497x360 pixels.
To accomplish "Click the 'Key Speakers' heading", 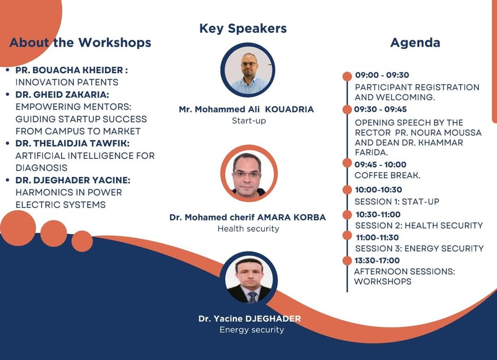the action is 243,29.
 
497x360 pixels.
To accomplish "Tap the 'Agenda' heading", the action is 415,42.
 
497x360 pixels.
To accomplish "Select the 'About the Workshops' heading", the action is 80,42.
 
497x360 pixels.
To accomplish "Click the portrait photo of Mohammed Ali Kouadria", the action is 248,70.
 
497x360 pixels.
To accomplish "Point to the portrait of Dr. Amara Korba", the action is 249,173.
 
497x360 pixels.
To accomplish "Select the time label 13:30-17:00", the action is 377,261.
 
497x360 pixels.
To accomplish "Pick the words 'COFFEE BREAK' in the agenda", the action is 386,175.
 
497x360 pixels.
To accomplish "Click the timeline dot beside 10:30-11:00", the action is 348,215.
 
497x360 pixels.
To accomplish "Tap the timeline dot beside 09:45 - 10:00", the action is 348,163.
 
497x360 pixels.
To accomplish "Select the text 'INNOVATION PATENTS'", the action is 67,83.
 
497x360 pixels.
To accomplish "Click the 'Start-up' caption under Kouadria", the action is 249,121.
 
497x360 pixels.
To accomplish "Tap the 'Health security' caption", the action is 248,229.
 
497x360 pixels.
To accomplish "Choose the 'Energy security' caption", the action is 252,330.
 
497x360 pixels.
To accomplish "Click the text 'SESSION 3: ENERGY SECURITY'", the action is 419,248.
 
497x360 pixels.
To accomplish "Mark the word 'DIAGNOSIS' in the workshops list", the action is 42,168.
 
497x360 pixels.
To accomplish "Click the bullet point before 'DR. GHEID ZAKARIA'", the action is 8,95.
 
